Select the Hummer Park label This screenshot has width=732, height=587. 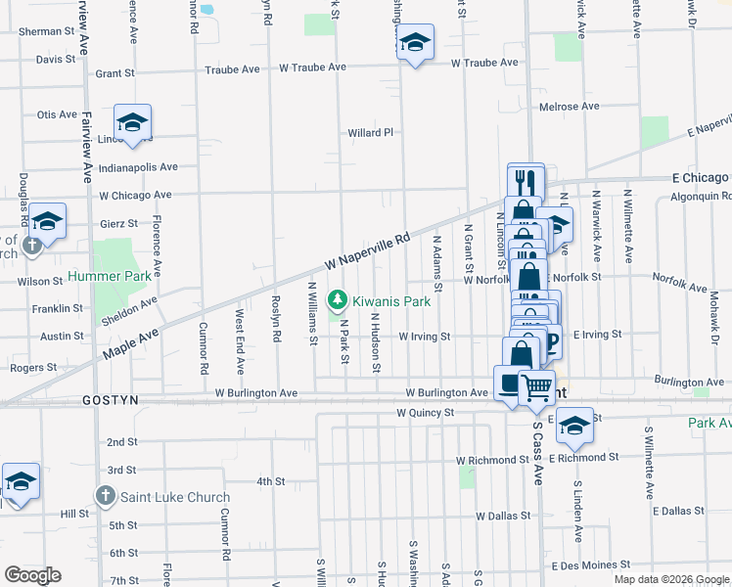point(123,277)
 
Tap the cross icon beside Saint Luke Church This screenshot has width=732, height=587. point(106,496)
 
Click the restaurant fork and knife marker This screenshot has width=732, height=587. point(526,180)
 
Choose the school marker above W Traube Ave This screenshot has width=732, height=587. point(415,42)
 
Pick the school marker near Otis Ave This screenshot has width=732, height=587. point(132,122)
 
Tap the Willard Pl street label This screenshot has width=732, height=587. point(370,132)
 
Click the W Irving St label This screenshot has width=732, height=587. point(423,337)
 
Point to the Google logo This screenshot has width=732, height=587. point(32,574)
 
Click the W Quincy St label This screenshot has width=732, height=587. point(425,413)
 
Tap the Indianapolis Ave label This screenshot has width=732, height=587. point(138,167)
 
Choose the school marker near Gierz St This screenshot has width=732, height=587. point(46,220)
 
